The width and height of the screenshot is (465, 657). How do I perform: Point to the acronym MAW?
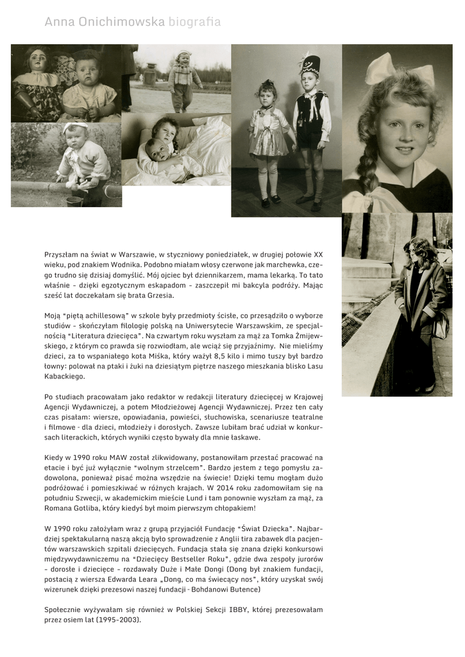tap(110, 458)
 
